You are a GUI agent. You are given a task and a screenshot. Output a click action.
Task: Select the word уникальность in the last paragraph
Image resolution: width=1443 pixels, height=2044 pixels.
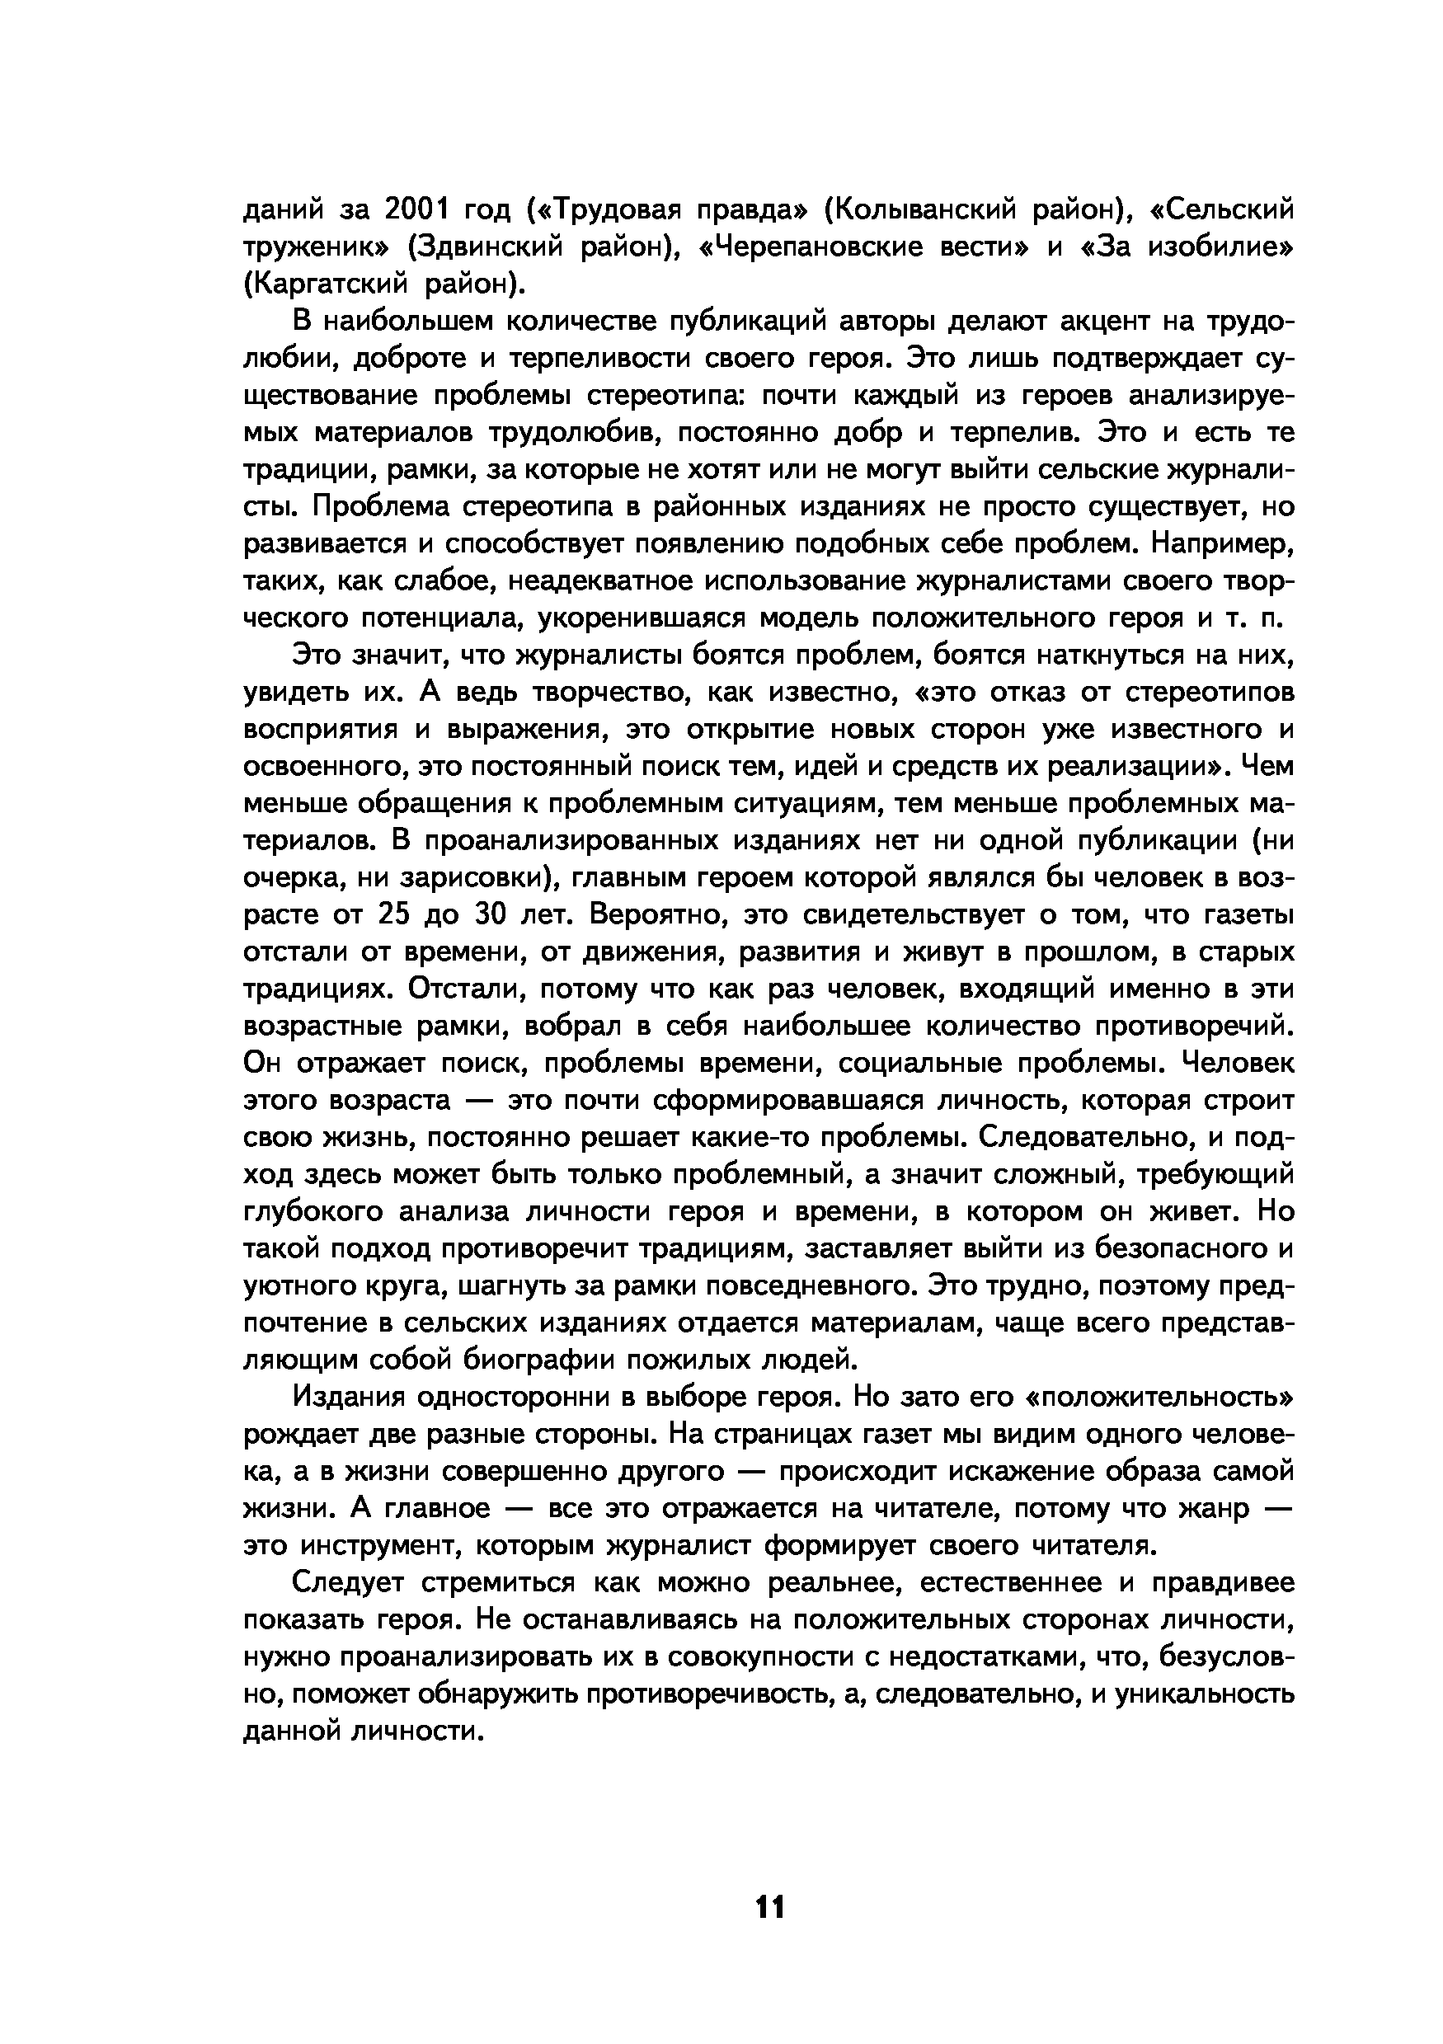(1206, 1694)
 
